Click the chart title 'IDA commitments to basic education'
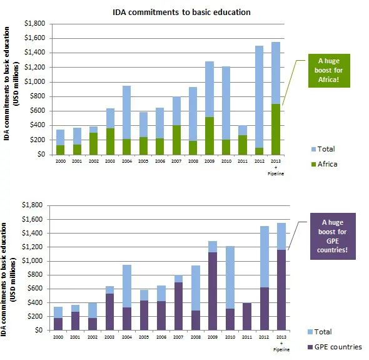click(182, 12)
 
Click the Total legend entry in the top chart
click(321, 149)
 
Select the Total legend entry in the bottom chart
click(321, 332)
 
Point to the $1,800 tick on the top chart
click(36, 24)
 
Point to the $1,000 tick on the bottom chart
click(36, 261)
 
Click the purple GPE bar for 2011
click(243, 317)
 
